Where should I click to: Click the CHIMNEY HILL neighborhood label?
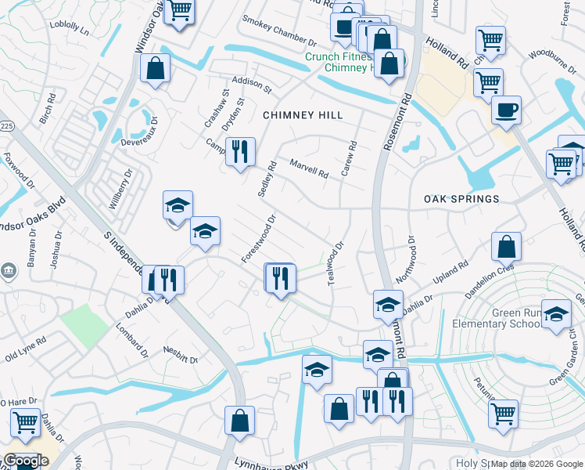tap(302, 115)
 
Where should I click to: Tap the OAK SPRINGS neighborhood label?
tap(461, 199)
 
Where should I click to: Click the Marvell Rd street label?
tap(309, 168)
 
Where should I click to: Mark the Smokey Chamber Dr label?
tap(278, 31)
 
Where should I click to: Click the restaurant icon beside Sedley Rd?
tap(240, 151)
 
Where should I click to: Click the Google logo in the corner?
tap(25, 461)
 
